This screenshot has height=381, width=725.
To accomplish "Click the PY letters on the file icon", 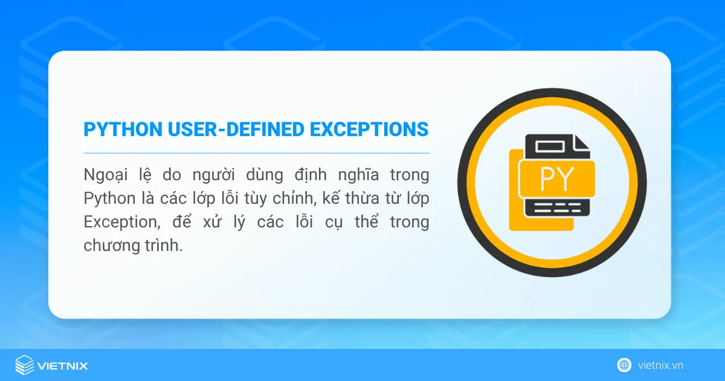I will [557, 177].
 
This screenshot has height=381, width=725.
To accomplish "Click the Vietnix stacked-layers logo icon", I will [24, 365].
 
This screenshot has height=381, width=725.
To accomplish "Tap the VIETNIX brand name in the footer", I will [63, 366].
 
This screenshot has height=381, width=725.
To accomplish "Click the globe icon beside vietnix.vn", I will [624, 365].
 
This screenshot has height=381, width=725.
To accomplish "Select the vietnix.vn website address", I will [660, 365].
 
